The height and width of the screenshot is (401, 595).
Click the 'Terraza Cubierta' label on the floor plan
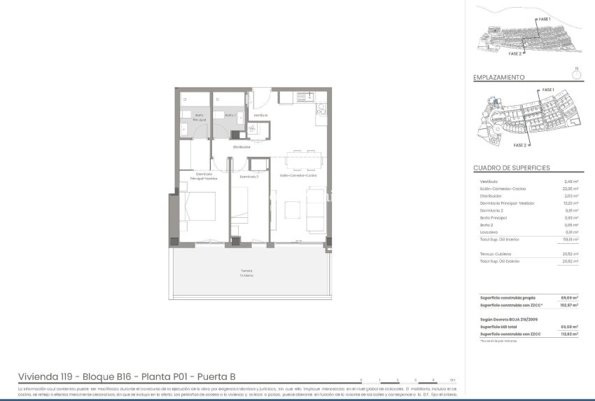click(247, 272)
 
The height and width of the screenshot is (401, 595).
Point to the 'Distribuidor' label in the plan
click(241, 147)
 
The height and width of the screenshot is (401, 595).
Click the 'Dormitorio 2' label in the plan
click(249, 177)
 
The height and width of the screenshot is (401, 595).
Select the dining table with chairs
click(304, 159)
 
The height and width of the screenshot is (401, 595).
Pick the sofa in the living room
click(315, 214)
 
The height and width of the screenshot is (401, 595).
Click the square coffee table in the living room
click(292, 209)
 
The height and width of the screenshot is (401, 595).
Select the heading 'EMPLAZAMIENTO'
click(498, 78)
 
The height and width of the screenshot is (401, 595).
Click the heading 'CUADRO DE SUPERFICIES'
click(511, 168)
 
